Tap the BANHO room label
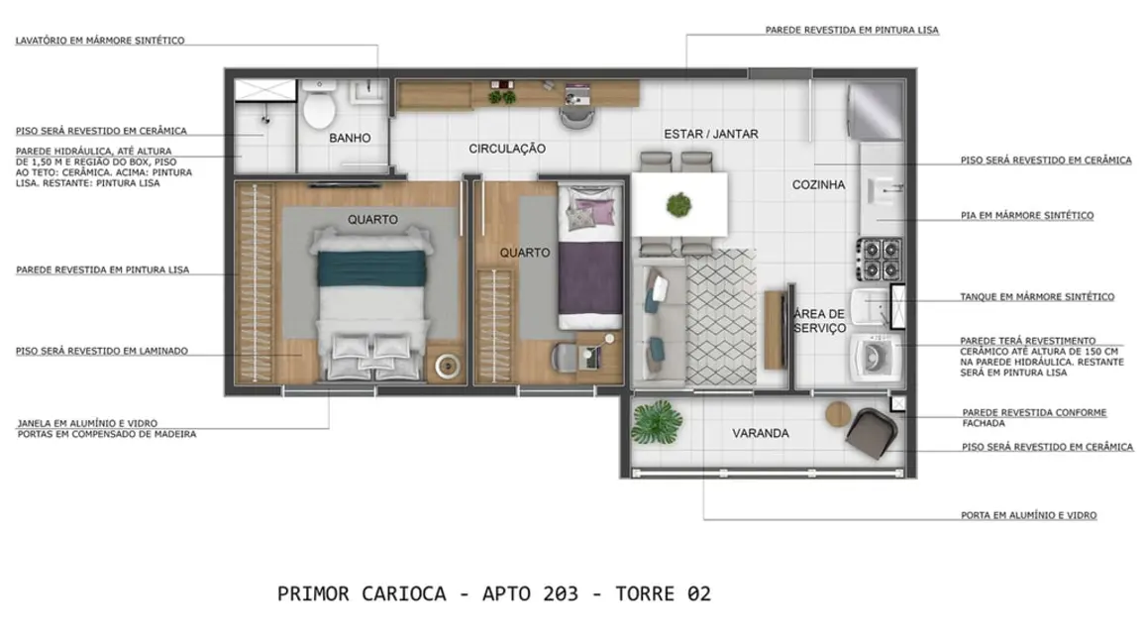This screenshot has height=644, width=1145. point(350,138)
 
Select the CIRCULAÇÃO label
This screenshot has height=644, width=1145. point(507,149)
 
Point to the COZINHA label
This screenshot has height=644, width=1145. point(818,184)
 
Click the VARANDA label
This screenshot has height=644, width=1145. point(760,433)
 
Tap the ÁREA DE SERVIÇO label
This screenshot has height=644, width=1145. point(819,321)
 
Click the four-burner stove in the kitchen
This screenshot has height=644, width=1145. point(878,259)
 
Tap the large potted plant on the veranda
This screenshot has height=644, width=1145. point(656,424)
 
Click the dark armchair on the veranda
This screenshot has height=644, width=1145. point(873,433)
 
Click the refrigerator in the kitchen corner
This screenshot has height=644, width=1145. point(876,110)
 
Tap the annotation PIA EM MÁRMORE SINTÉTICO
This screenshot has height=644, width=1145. point(1027,215)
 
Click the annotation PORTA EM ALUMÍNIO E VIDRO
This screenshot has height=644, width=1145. point(1028,515)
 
